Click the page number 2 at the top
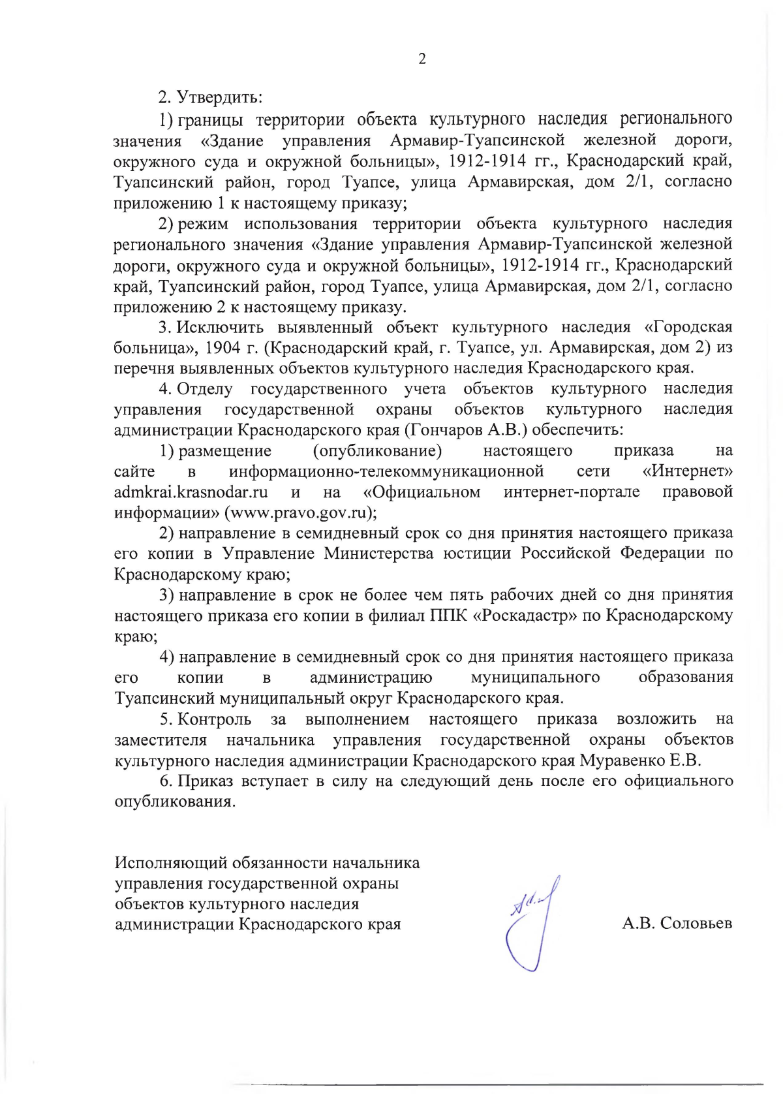[422, 59]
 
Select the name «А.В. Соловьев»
[677, 923]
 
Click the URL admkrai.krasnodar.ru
[191, 492]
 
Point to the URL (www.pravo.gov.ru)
[300, 513]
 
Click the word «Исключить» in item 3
[220, 327]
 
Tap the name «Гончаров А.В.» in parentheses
[467, 430]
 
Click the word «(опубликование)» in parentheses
[377, 451]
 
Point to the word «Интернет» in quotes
[688, 471]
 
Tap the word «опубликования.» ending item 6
[174, 802]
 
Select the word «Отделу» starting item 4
[205, 389]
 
